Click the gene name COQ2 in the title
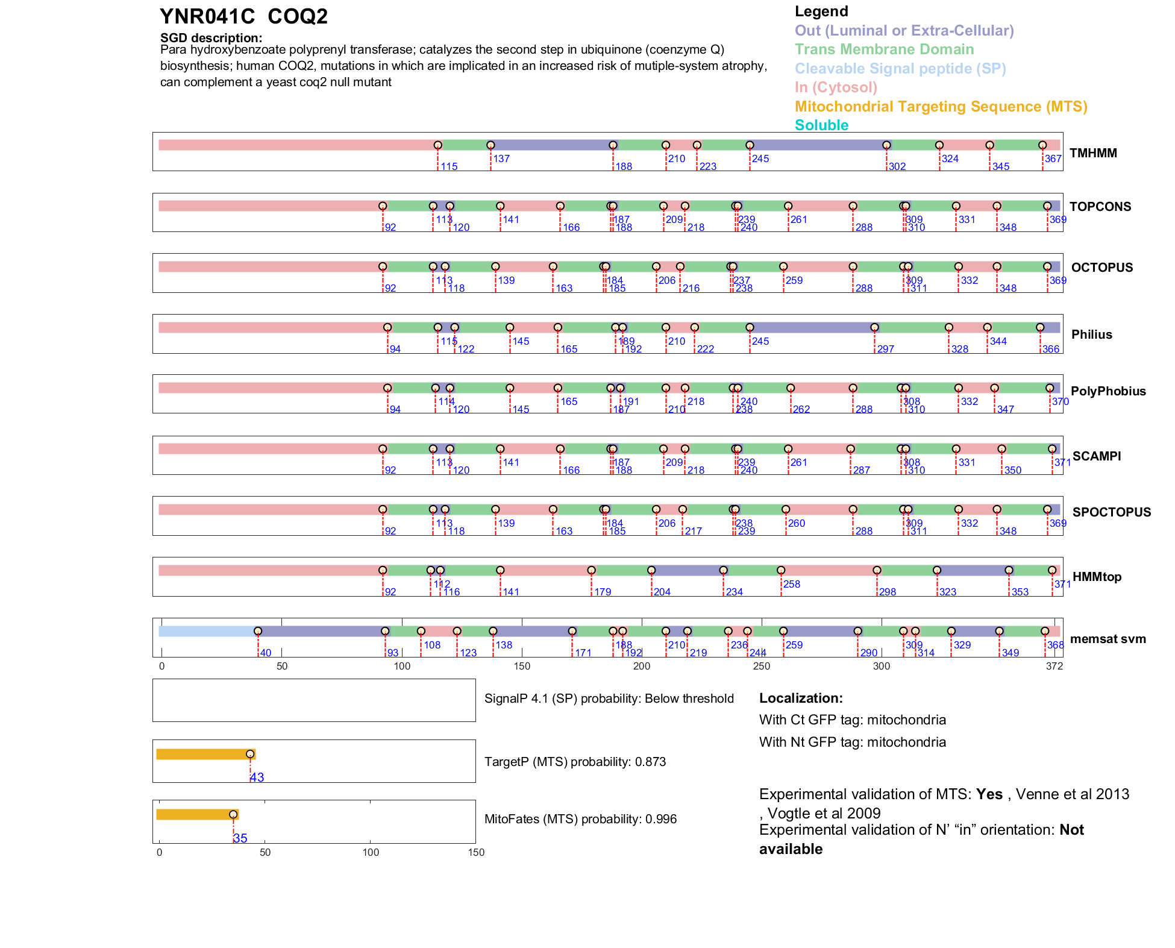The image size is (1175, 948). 297,17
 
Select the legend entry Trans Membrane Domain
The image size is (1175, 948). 884,49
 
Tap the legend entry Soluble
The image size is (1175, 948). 821,125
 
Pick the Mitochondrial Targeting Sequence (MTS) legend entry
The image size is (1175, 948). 941,107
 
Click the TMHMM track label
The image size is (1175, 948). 1092,153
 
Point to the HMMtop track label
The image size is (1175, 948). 1097,577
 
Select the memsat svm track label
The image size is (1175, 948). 1108,639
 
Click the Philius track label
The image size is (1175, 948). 1091,334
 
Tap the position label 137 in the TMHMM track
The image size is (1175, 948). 501,159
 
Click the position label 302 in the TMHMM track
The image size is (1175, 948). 897,166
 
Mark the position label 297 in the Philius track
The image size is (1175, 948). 885,349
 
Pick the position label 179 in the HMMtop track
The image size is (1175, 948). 603,592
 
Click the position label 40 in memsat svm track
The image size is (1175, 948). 266,653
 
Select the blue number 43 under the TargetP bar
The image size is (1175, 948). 257,777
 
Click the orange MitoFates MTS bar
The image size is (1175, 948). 196,815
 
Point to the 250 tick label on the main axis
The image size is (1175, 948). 762,666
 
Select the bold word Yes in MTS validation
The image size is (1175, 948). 989,794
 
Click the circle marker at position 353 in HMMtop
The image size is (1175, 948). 1009,570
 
